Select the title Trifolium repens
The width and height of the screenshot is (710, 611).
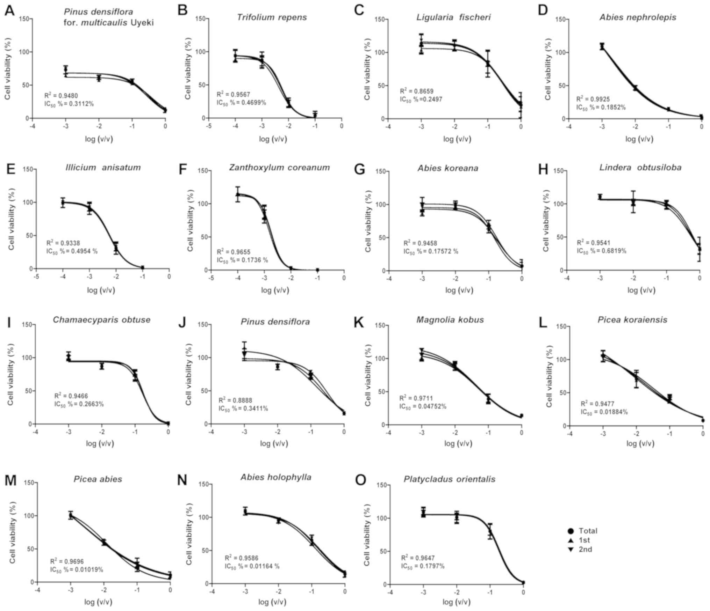click(272, 17)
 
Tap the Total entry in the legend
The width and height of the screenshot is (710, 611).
click(583, 531)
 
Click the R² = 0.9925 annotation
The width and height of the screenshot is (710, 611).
click(593, 99)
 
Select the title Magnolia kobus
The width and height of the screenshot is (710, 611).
click(450, 320)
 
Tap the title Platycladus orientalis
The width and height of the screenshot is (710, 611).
click(450, 479)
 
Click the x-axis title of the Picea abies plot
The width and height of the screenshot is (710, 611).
click(98, 602)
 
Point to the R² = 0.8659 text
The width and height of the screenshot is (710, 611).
click(416, 91)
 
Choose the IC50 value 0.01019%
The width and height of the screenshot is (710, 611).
click(77, 570)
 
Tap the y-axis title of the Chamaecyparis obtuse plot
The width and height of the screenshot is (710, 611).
click(10, 374)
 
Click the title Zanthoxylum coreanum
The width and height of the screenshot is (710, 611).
click(279, 168)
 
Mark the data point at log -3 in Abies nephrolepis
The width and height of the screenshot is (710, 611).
click(602, 46)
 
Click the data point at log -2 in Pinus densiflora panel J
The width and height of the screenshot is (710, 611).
click(278, 367)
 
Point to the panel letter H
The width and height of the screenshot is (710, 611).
click(543, 170)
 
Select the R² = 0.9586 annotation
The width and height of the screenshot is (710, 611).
click(241, 558)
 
